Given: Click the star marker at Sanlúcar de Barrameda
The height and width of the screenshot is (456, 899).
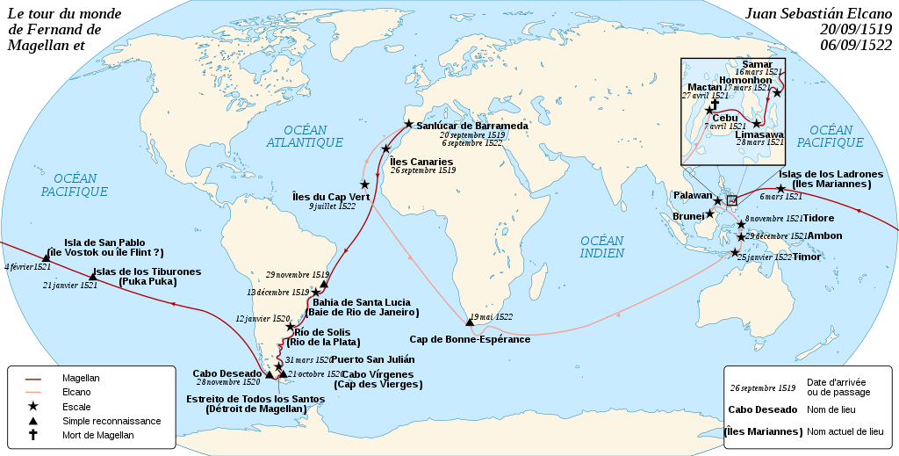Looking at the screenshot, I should [407, 126].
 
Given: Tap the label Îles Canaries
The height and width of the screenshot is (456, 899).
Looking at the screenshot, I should [421, 162].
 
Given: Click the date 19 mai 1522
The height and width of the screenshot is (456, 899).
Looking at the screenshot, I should [491, 316].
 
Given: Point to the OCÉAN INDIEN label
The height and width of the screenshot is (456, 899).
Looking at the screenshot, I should [601, 247].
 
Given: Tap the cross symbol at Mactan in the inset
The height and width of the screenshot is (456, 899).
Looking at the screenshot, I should [716, 103].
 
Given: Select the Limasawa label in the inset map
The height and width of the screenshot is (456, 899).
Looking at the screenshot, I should [759, 134].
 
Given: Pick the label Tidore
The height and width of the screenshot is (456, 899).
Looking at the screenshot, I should [818, 218].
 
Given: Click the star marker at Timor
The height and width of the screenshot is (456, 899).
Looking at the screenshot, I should [735, 253].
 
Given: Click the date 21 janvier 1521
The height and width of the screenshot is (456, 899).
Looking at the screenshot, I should [69, 285].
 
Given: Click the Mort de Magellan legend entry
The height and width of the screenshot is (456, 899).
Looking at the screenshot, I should [98, 435].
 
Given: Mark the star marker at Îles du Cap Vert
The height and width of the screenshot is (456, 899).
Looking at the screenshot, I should [364, 185].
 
